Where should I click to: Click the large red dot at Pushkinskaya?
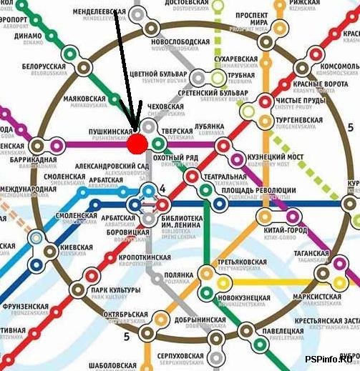tap(137, 143)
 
